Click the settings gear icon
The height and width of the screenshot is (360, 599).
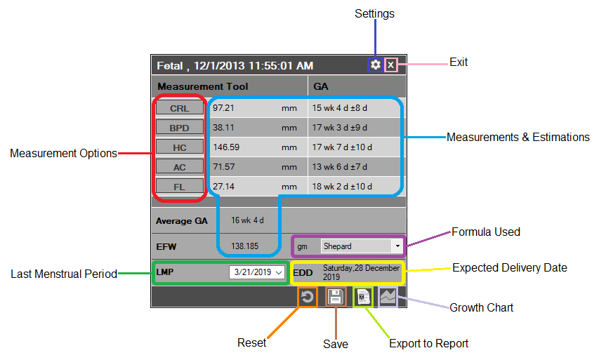[376, 65]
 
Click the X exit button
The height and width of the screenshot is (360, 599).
[391, 65]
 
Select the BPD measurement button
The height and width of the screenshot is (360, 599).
[180, 128]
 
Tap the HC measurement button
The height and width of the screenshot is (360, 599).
[180, 147]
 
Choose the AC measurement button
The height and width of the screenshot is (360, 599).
[180, 167]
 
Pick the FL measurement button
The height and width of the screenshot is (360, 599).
[180, 187]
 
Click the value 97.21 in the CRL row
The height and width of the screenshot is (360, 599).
[223, 108]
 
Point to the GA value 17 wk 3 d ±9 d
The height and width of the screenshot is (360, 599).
[340, 128]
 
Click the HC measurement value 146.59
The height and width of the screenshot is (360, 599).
[226, 147]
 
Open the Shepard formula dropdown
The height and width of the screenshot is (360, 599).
[397, 246]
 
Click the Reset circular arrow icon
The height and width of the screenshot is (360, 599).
[307, 297]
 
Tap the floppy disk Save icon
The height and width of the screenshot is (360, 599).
[336, 297]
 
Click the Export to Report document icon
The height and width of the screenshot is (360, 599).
[363, 297]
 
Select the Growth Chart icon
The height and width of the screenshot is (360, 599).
[388, 297]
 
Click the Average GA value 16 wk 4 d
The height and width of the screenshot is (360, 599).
[247, 220]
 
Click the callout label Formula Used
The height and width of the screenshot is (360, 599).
[485, 232]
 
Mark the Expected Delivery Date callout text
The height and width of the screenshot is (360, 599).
[509, 267]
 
